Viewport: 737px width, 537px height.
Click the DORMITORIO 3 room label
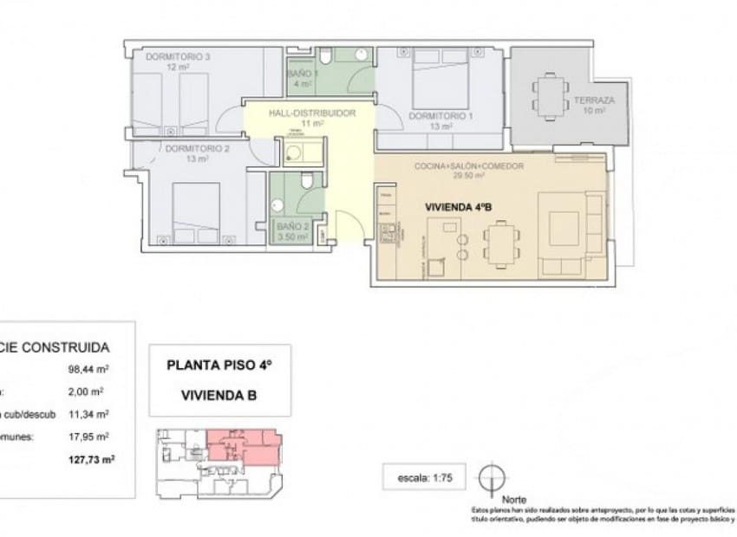[178, 57]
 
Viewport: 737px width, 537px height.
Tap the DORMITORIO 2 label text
[197, 148]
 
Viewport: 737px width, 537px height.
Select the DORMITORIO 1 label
[440, 115]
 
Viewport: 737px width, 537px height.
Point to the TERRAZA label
[594, 100]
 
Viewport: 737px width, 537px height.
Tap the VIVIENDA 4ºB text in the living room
[460, 208]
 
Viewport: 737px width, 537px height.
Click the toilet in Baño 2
[306, 182]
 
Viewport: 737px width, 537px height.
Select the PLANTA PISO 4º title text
[218, 366]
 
